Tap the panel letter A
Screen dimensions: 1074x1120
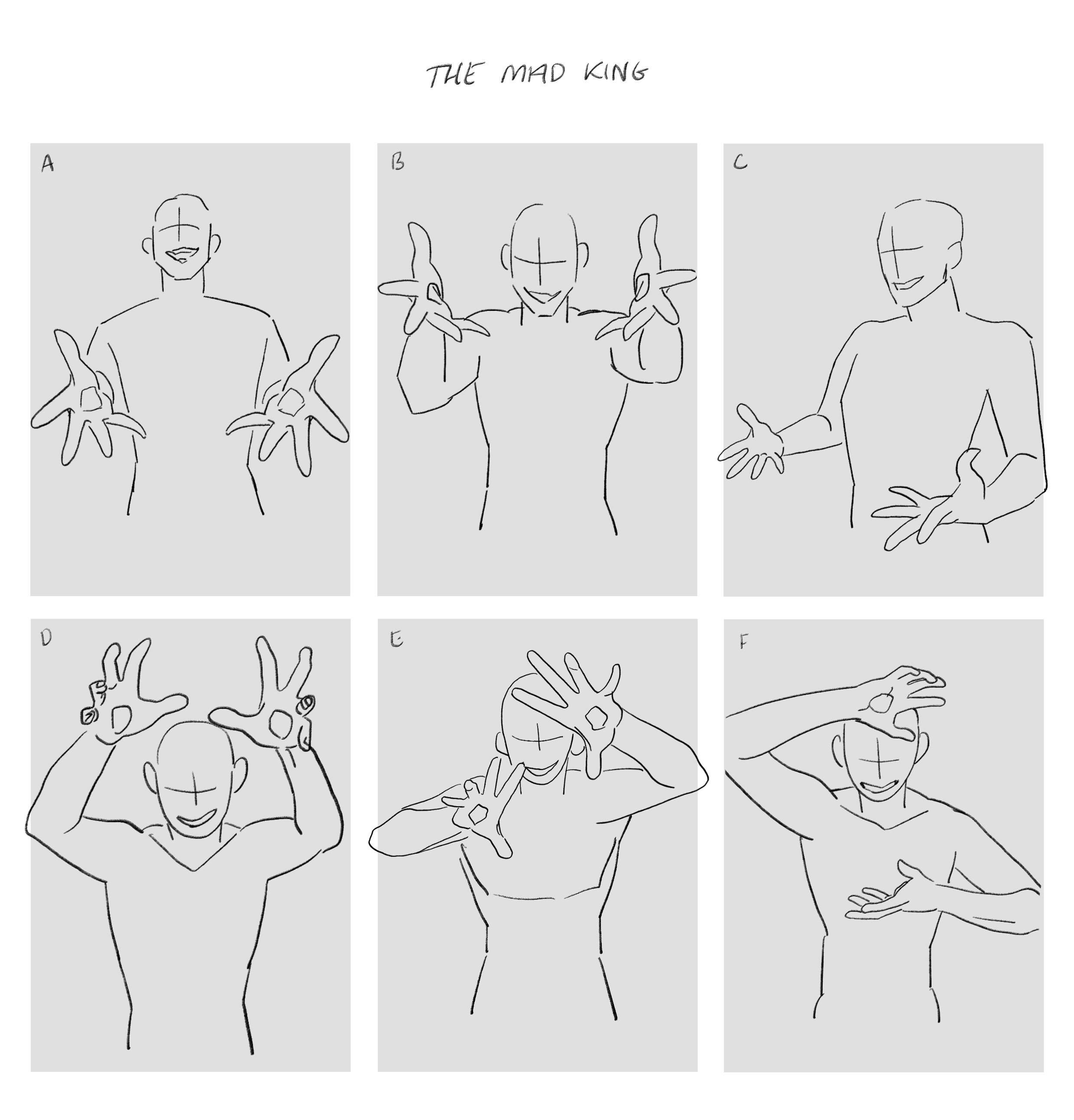pyautogui.click(x=47, y=164)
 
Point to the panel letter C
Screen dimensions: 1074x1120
pyautogui.click(x=740, y=163)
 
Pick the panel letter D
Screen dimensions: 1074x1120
pyautogui.click(x=46, y=638)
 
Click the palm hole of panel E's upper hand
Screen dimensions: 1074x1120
pyautogui.click(x=597, y=717)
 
